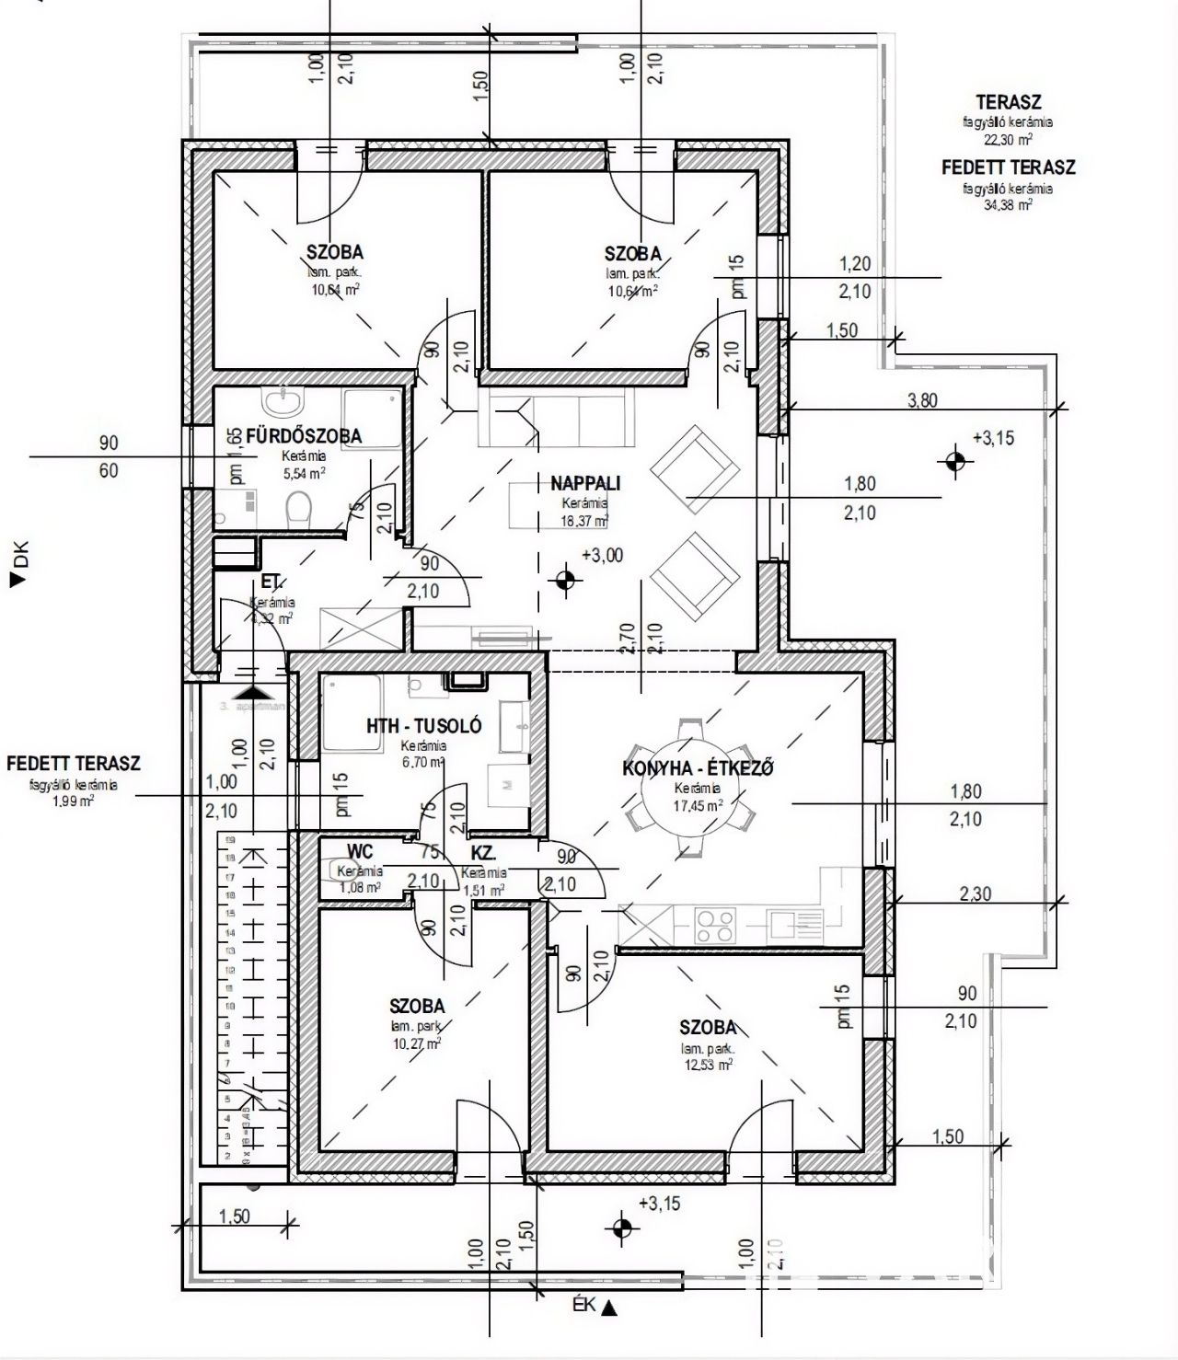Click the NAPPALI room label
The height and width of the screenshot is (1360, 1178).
585,483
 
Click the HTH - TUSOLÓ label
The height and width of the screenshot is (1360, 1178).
423,726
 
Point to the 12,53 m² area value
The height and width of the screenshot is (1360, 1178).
707,1065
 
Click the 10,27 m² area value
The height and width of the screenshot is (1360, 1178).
417,1043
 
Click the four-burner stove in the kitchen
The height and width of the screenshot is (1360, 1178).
715,924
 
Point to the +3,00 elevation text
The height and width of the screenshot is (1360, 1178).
602,555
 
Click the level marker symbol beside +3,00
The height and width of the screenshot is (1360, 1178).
564,579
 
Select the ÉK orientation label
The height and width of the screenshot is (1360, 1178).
582,1306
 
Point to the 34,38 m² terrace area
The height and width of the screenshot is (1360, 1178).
1008,204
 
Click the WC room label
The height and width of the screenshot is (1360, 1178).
360,851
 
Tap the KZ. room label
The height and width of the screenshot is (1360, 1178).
483,853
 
